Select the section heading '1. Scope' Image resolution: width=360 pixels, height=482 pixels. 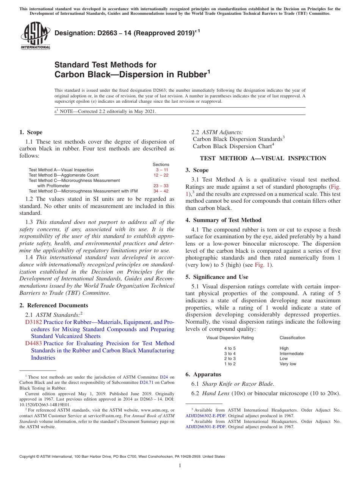[x=31, y=132]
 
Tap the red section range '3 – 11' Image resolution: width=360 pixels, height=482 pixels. [x=162, y=170]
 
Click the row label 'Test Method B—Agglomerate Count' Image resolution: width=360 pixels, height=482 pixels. [x=64, y=175]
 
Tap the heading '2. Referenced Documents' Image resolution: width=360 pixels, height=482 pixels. [x=54, y=305]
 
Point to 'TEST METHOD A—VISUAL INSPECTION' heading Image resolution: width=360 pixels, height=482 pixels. [x=263, y=158]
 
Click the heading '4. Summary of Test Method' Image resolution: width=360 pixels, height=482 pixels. [x=223, y=220]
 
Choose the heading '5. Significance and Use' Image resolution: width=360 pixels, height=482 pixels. [x=217, y=277]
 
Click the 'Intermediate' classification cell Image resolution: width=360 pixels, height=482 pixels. [x=291, y=354]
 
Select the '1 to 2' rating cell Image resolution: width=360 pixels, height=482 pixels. [x=230, y=364]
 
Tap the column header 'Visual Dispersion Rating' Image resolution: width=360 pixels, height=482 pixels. [x=230, y=338]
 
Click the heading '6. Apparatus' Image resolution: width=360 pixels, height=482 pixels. [x=203, y=374]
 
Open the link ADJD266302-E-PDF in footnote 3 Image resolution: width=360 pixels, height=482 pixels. [x=205, y=415]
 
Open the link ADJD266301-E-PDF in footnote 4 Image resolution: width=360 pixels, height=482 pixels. [x=205, y=426]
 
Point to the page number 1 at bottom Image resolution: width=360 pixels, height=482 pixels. [x=180, y=466]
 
